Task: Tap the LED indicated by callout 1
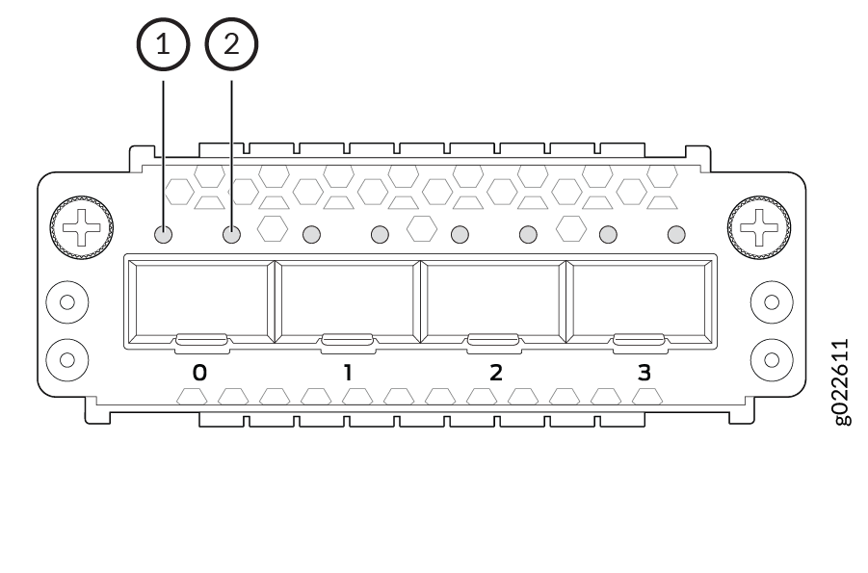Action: pyautogui.click(x=163, y=234)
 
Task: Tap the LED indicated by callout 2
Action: pyautogui.click(x=232, y=234)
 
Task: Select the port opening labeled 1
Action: pyautogui.click(x=347, y=300)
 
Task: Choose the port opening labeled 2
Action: pyautogui.click(x=493, y=300)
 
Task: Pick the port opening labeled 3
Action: pyautogui.click(x=640, y=300)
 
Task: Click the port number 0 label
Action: pyautogui.click(x=199, y=372)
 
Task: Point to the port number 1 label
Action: pyautogui.click(x=348, y=372)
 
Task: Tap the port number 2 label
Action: pyautogui.click(x=495, y=372)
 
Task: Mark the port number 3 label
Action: pyautogui.click(x=644, y=372)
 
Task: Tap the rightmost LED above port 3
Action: pyautogui.click(x=676, y=234)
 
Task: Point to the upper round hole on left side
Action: pyautogui.click(x=67, y=300)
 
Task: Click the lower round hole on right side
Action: pyautogui.click(x=772, y=360)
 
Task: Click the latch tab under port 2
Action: pyautogui.click(x=493, y=339)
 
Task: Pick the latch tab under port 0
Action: pyautogui.click(x=201, y=339)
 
